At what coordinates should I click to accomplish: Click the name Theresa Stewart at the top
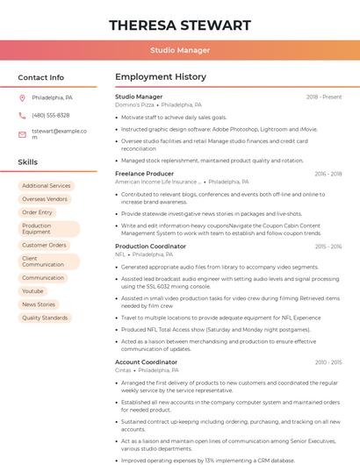tap(180, 25)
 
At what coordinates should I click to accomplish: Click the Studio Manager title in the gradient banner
tap(180, 51)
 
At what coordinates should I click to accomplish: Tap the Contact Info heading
tap(41, 77)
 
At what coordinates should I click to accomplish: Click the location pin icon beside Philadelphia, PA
tap(22, 98)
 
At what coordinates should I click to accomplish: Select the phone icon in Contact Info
tap(22, 116)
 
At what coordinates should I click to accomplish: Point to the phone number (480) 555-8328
tap(51, 116)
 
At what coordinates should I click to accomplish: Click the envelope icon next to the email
tap(22, 134)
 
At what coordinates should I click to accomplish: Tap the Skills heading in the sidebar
tap(28, 162)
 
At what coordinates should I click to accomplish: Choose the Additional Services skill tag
tap(47, 186)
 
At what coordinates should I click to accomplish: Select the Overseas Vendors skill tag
tap(45, 199)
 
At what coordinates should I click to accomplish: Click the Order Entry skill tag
tap(38, 212)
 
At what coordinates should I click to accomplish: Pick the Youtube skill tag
tap(32, 291)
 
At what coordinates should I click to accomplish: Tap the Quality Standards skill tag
tap(45, 318)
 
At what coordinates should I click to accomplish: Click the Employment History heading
tap(161, 77)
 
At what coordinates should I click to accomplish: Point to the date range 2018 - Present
tap(324, 97)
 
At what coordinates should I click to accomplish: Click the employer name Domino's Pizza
tap(134, 104)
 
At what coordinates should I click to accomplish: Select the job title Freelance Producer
tap(145, 174)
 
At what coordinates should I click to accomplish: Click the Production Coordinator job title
tap(150, 247)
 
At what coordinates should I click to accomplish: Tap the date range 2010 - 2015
tap(328, 362)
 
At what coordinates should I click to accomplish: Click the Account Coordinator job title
tap(146, 362)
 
